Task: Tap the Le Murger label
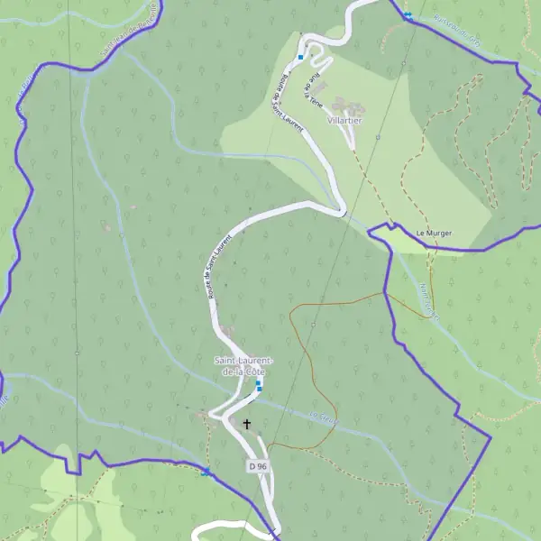433,234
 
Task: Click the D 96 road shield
258,466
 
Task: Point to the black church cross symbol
246,423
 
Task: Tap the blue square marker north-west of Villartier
300,57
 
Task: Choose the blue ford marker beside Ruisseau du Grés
408,15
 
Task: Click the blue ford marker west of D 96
206,472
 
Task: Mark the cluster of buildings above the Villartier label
344,105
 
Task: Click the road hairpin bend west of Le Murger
341,213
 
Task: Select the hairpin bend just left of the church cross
214,415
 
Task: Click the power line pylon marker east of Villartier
378,138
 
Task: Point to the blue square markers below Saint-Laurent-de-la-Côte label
259,385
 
